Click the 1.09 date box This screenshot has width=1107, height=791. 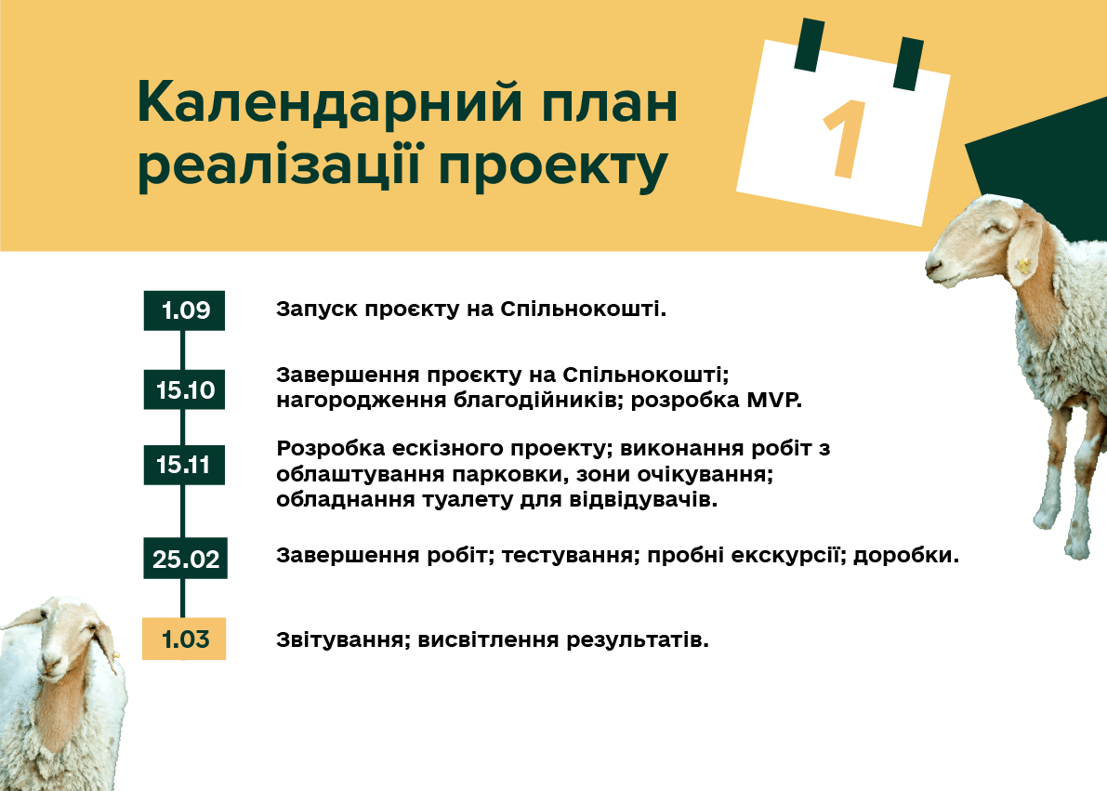[x=184, y=310]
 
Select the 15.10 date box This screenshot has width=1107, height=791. [x=184, y=389]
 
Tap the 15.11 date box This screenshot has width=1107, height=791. [x=184, y=465]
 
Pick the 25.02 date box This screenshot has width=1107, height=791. [x=185, y=559]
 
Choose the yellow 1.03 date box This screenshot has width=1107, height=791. [x=184, y=639]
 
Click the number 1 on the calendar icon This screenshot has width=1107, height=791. [x=843, y=139]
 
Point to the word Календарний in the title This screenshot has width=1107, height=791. [x=330, y=103]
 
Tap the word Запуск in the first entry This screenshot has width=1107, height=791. [x=317, y=310]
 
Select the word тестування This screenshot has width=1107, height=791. [x=567, y=556]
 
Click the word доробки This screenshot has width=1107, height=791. [x=906, y=556]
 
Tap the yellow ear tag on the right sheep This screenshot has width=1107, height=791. [x=1021, y=267]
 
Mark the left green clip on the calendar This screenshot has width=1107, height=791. [x=809, y=46]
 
